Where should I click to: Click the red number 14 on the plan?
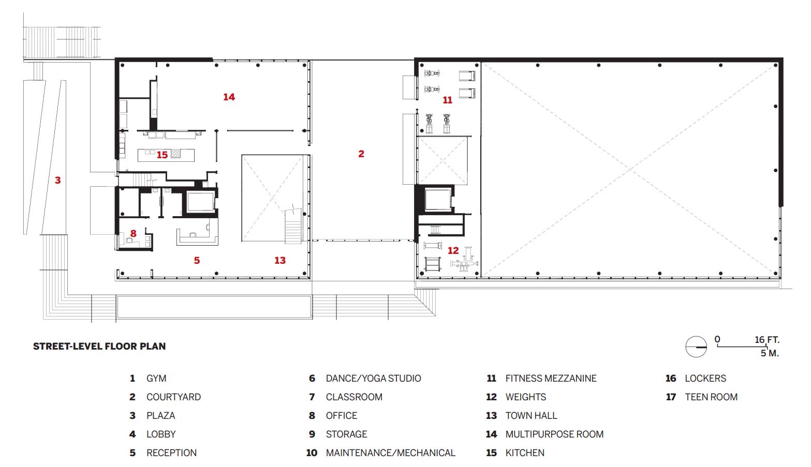coord(229,97)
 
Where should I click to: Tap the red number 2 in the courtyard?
coord(361,154)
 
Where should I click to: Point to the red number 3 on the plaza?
coord(57,180)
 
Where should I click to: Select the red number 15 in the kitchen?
coord(162,155)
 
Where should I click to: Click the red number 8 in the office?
coord(133,234)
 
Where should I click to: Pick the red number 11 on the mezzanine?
coord(448,100)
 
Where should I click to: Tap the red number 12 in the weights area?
coord(453,250)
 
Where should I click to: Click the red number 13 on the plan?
coord(280,260)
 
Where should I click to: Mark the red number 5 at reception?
coord(197,260)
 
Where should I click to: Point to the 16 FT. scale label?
coord(767,340)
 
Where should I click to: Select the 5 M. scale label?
coord(770,353)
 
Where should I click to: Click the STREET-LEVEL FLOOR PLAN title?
coord(99,346)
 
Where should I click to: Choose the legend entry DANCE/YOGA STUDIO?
coord(373,379)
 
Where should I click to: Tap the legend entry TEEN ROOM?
coord(711,397)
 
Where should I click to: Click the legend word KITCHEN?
coord(525,453)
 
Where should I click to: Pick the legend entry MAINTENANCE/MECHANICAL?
coord(390,453)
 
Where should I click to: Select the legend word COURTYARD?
coord(173,397)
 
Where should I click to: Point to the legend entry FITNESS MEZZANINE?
coord(551,379)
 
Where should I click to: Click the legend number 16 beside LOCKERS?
coord(671,379)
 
